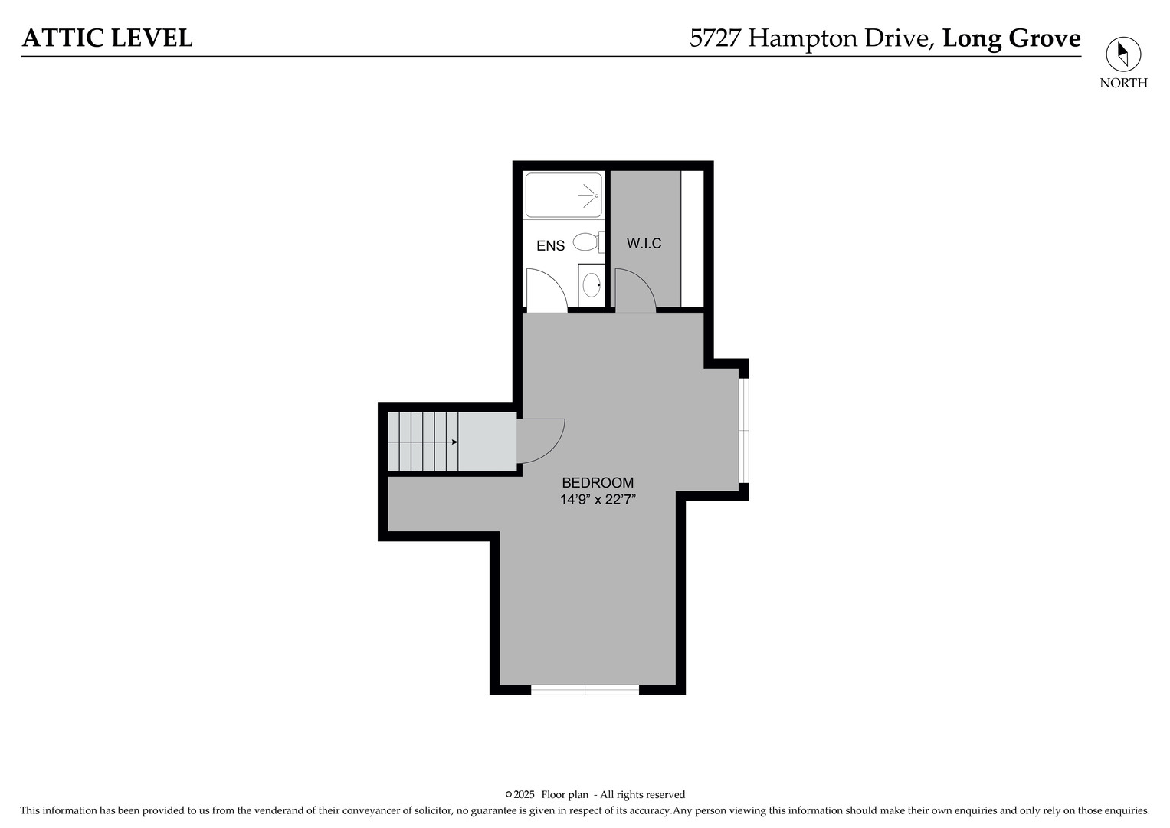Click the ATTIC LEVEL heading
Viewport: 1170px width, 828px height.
tap(107, 38)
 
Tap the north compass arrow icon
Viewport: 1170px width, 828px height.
tap(1123, 54)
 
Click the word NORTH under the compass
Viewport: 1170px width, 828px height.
tap(1123, 83)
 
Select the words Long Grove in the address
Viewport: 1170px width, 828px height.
tap(1011, 38)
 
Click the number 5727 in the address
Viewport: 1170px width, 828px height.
tap(715, 38)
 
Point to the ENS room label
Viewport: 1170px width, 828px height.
tap(551, 245)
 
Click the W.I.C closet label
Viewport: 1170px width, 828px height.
tap(644, 243)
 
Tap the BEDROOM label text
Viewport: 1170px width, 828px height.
tap(598, 482)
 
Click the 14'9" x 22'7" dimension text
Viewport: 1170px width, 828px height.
tap(598, 500)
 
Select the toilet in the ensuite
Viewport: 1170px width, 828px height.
tap(588, 242)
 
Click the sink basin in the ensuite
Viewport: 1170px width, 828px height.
tap(592, 285)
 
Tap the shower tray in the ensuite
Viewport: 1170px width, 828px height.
tap(564, 195)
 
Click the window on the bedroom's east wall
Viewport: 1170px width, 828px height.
tap(744, 430)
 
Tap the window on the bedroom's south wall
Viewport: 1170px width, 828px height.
tap(585, 690)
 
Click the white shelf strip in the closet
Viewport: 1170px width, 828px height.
tap(692, 239)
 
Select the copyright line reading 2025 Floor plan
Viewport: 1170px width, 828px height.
tap(595, 794)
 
